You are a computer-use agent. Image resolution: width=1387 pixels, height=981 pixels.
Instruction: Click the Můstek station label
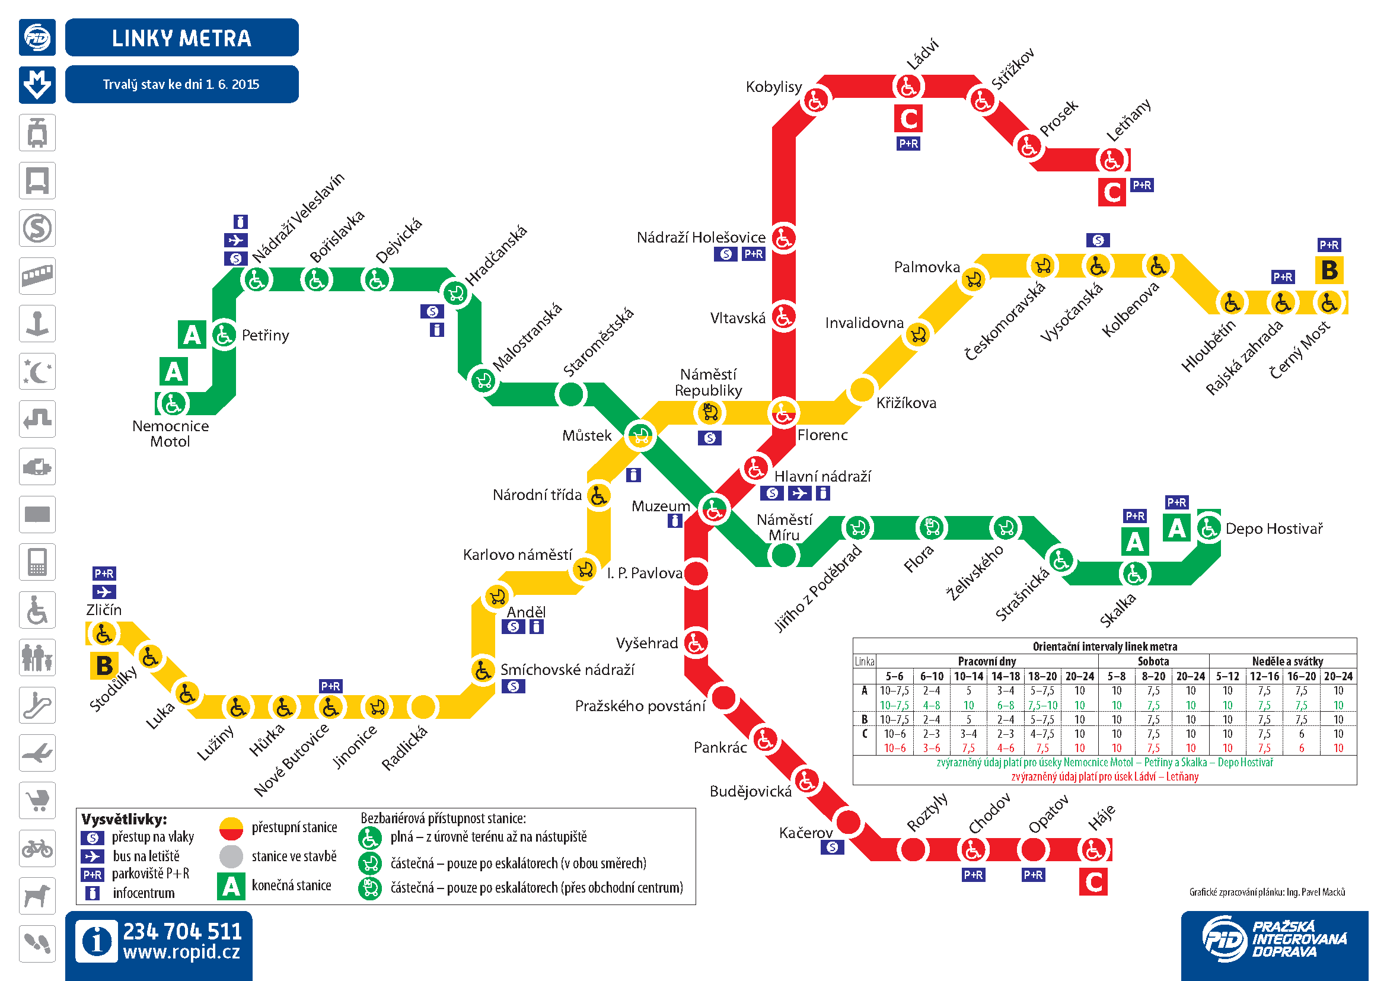click(586, 435)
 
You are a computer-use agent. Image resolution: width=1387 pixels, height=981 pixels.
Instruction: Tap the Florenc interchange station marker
click(783, 414)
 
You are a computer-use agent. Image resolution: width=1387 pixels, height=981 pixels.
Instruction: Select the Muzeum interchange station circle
click(714, 510)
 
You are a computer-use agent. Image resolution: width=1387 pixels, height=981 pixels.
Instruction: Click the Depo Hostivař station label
click(1274, 529)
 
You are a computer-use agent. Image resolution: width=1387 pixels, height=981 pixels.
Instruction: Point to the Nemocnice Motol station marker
click(173, 403)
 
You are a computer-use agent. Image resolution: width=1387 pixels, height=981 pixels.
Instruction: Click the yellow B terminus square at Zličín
click(104, 665)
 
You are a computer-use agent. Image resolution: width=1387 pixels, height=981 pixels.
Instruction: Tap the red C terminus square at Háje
click(1093, 882)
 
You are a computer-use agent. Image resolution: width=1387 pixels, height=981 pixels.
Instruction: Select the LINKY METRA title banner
click(181, 38)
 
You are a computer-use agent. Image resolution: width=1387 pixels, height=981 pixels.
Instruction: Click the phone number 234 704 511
click(183, 931)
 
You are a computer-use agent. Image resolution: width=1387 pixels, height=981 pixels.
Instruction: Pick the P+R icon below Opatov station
click(1033, 875)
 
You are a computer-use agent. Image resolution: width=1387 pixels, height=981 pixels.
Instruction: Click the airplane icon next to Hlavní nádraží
click(799, 493)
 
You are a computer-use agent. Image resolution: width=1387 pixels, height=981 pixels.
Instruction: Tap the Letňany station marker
click(1111, 160)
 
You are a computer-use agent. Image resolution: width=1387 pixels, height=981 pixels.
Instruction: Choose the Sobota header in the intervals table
click(1153, 661)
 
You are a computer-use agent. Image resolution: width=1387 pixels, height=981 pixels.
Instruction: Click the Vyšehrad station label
click(646, 644)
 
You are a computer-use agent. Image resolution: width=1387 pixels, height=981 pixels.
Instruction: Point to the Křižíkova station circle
click(862, 390)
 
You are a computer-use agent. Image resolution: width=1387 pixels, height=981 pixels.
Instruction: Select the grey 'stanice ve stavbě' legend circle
click(231, 856)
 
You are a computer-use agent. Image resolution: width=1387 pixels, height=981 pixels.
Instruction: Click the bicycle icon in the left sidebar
click(37, 849)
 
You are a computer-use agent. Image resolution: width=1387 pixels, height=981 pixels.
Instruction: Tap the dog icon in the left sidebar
click(37, 896)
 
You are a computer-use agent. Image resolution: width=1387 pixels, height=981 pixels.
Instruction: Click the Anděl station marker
click(497, 597)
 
